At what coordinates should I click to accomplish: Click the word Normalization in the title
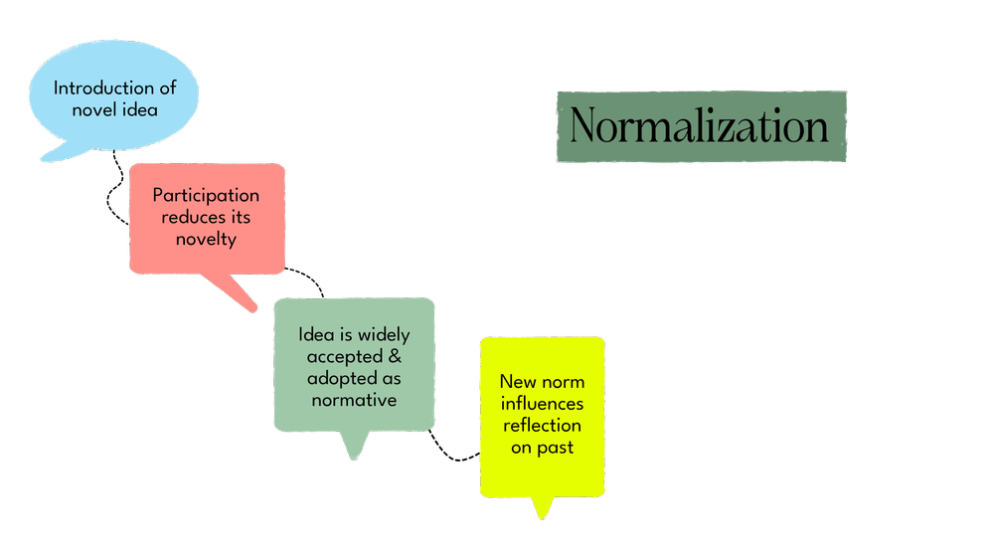[700, 127]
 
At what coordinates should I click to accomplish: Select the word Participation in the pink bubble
[206, 195]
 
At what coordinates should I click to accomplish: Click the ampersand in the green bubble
[396, 356]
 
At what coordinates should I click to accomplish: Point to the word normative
[355, 400]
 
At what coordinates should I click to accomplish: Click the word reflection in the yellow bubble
[542, 426]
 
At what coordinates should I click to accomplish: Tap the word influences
[542, 404]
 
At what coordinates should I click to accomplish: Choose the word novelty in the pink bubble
[206, 239]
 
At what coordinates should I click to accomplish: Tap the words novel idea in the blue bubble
[114, 109]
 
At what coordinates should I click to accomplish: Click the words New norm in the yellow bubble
[542, 382]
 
